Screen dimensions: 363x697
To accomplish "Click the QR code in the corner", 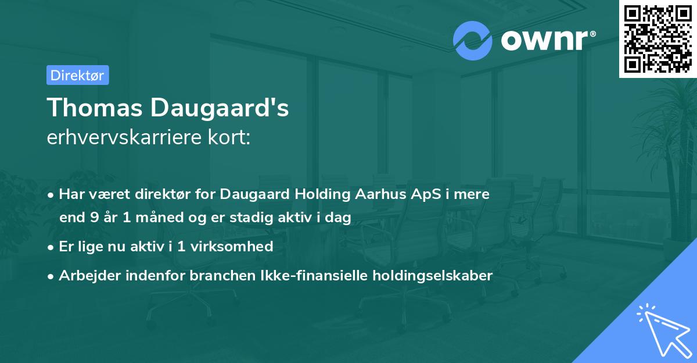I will (658, 39).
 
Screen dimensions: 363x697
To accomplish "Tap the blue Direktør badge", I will (77, 75).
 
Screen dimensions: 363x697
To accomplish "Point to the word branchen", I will (215, 276).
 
